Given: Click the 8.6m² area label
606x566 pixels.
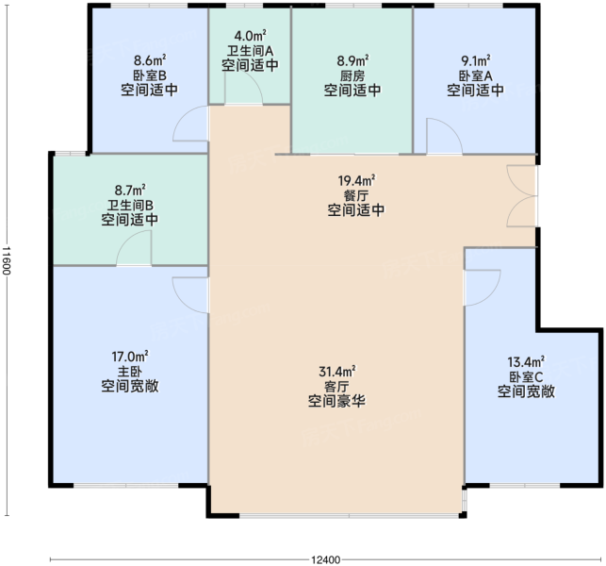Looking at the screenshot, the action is point(150,60).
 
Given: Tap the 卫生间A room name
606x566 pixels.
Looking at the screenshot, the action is point(250,51).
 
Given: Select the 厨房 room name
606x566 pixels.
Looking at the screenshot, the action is point(352,75).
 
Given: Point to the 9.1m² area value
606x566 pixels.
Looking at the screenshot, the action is point(475,60).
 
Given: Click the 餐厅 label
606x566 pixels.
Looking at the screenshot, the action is point(355,195).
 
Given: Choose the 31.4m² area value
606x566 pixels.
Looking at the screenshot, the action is point(337,372).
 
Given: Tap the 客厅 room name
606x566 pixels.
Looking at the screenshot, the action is point(336,386).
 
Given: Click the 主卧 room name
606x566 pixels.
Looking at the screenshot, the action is point(130,372).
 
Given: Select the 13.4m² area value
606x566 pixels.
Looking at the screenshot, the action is point(526,361).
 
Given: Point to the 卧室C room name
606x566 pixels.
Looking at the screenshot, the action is point(526,376).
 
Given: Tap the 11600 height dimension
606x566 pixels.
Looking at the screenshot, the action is point(6,260).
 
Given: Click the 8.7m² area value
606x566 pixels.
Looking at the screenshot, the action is point(130,190).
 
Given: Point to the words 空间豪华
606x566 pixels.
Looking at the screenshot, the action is point(336,401).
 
